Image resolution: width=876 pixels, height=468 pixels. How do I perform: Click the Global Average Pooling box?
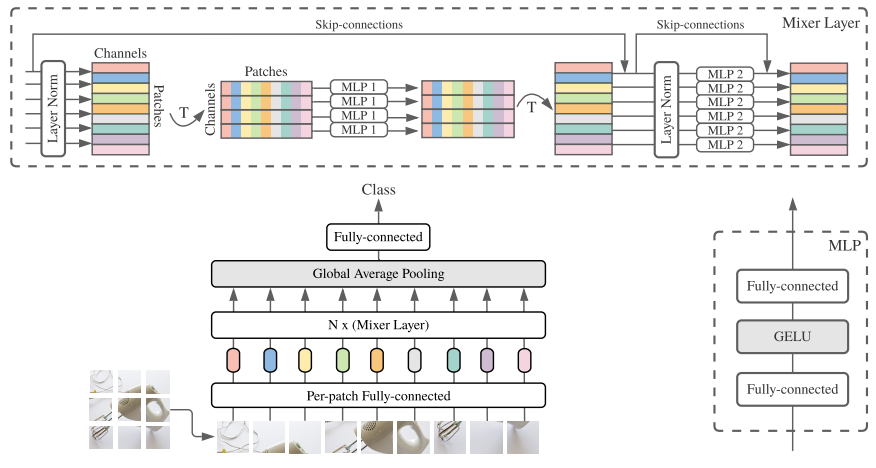click(x=378, y=273)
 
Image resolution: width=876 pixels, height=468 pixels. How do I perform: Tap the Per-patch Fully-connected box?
click(x=378, y=396)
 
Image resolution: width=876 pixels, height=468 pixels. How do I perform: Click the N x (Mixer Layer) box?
click(x=378, y=324)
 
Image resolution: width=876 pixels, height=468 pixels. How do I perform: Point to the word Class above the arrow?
click(x=378, y=190)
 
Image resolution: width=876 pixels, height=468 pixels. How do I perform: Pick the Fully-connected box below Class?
click(x=378, y=237)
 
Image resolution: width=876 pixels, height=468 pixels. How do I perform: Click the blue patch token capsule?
click(x=268, y=360)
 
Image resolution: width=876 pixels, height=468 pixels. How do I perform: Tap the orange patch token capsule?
click(x=377, y=360)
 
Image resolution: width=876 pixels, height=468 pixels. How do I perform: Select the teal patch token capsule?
click(x=452, y=360)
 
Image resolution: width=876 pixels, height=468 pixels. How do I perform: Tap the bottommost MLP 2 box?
click(x=724, y=144)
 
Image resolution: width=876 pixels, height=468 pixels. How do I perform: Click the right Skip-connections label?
click(x=699, y=23)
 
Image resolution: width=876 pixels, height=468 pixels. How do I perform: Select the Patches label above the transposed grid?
click(x=266, y=72)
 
